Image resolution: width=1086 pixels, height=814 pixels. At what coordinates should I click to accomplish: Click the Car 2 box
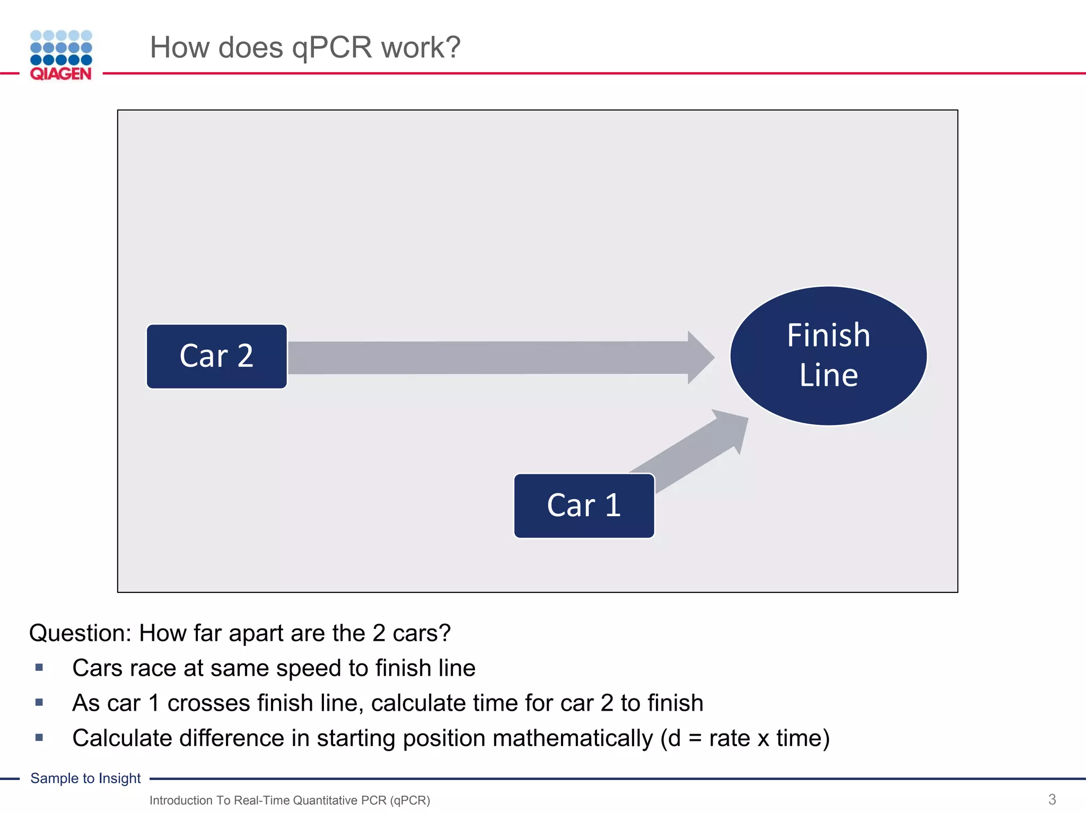[x=216, y=357]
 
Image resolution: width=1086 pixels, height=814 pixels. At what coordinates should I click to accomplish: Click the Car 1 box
[x=584, y=506]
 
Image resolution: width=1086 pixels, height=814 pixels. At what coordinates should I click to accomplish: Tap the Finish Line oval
[x=828, y=356]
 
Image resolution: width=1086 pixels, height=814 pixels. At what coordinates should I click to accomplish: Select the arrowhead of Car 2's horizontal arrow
[x=700, y=357]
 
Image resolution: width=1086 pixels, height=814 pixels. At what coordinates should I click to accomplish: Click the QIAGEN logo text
[x=61, y=74]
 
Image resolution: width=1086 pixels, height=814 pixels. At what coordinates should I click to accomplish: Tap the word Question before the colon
[x=79, y=633]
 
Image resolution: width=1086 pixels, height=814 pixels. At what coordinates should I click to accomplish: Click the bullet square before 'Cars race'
[x=39, y=668]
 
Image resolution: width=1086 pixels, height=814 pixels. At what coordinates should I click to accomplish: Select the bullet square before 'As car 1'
[x=39, y=703]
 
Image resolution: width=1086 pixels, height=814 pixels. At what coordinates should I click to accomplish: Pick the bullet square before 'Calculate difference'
[x=39, y=738]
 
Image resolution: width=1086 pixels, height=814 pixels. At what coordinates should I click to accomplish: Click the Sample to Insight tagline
[x=85, y=778]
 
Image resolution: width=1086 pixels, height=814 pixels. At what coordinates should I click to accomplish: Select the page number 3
[x=1052, y=799]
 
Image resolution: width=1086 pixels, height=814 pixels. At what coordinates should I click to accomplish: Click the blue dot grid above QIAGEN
[x=61, y=48]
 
